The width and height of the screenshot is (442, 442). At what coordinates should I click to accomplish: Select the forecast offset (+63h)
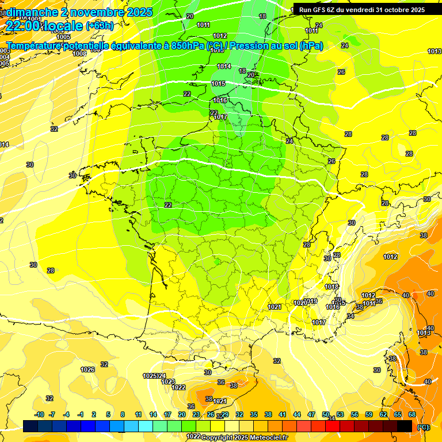[100, 26]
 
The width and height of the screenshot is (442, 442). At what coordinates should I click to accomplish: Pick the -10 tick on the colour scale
[39, 414]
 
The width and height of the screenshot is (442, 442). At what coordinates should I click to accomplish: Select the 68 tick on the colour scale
[412, 414]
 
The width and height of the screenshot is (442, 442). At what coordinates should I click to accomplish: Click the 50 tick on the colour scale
[326, 414]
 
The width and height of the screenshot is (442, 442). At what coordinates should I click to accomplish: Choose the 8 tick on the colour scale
[123, 414]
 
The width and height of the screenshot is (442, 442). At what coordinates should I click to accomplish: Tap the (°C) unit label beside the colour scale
[423, 427]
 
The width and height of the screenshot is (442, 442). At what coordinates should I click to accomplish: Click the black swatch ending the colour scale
[405, 426]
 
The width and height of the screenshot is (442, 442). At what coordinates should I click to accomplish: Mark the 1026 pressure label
[87, 369]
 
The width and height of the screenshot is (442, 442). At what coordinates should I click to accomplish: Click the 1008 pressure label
[79, 53]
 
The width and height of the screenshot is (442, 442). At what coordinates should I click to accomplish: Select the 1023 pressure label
[168, 382]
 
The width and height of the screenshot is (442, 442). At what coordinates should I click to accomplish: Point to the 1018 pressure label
[331, 287]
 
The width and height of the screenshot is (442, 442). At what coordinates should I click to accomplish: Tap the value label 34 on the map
[350, 316]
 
